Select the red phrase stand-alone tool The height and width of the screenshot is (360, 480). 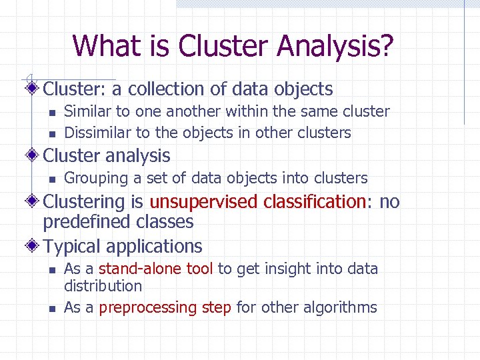156,269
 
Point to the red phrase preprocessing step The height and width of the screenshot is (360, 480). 165,307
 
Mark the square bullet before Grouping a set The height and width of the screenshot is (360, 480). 50,179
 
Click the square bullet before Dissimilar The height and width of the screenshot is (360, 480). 50,134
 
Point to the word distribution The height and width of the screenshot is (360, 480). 103,286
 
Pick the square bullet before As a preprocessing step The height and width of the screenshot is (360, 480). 50,309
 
